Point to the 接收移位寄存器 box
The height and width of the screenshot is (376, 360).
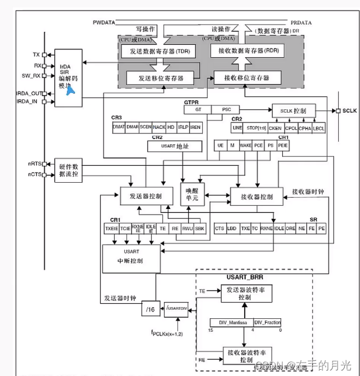coord(248,77)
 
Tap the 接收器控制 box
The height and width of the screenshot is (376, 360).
coord(257,197)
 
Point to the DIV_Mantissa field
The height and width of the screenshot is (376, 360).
coord(231,323)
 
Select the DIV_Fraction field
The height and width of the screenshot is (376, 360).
coord(267,323)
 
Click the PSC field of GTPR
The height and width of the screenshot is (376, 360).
coord(226,110)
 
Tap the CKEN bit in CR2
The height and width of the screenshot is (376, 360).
coord(275,128)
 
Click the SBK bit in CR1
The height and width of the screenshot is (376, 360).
coord(200,229)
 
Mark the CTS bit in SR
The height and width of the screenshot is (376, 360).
coord(220,229)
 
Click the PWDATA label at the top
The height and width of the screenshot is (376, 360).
coord(105,23)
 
